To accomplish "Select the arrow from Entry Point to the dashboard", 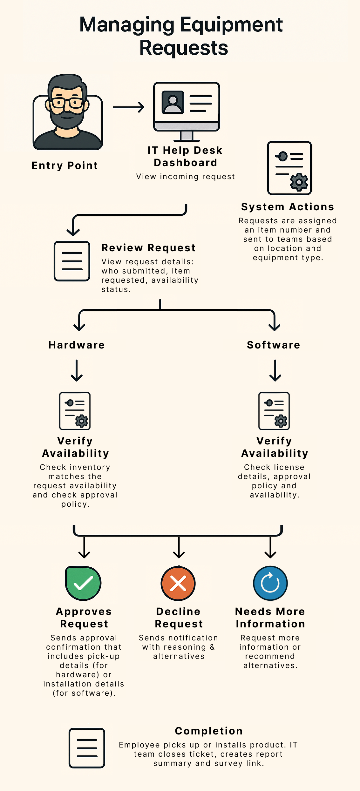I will click(x=128, y=107).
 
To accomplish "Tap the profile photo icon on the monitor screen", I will click(x=173, y=102).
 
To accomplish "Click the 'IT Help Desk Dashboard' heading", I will click(x=185, y=156).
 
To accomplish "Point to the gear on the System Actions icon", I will click(x=299, y=182).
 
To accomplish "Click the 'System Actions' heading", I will click(x=288, y=207).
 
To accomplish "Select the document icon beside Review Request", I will click(x=72, y=261).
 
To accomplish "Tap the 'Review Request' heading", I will click(x=148, y=248).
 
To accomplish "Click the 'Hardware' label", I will click(x=77, y=345).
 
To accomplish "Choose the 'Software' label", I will click(x=274, y=345).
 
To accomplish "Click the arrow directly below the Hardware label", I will click(x=77, y=370).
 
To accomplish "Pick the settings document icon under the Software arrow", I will click(x=274, y=411).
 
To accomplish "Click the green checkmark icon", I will click(x=83, y=583).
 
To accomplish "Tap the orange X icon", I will click(x=178, y=583).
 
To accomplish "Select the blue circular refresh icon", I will click(x=270, y=583).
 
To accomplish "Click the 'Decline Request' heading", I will click(x=179, y=618).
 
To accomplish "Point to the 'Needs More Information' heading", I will click(x=270, y=618).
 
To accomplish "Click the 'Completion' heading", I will click(x=209, y=731).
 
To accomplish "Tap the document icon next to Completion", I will click(x=87, y=748).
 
